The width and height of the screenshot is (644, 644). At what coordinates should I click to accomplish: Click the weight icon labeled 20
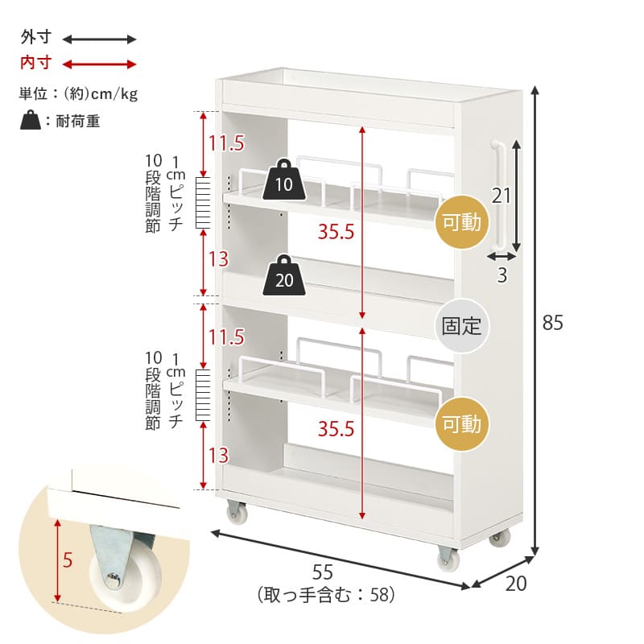click(284, 275)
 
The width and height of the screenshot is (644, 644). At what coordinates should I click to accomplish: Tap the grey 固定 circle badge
click(461, 326)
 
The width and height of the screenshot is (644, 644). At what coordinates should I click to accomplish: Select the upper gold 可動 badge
click(461, 222)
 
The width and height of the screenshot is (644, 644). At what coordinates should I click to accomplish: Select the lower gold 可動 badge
click(461, 424)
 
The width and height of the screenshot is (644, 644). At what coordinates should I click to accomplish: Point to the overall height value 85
click(552, 323)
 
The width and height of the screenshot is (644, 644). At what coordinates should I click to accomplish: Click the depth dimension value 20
click(516, 584)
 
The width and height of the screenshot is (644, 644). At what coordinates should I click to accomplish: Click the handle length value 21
click(501, 196)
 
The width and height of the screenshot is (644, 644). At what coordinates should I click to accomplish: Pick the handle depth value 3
click(502, 275)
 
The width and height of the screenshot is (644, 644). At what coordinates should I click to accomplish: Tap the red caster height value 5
click(68, 560)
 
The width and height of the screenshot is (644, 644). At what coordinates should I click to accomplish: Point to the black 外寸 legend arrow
click(99, 39)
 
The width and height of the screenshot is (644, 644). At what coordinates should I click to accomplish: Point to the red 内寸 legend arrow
click(99, 64)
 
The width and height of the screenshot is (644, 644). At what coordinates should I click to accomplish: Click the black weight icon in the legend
click(31, 120)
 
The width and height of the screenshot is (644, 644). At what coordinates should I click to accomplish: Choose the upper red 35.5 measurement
click(336, 232)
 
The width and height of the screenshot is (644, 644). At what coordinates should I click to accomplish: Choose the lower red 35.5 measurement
click(336, 429)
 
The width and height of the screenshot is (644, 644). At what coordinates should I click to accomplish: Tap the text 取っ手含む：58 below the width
click(326, 595)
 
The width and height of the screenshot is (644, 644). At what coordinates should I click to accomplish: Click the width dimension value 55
click(323, 572)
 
